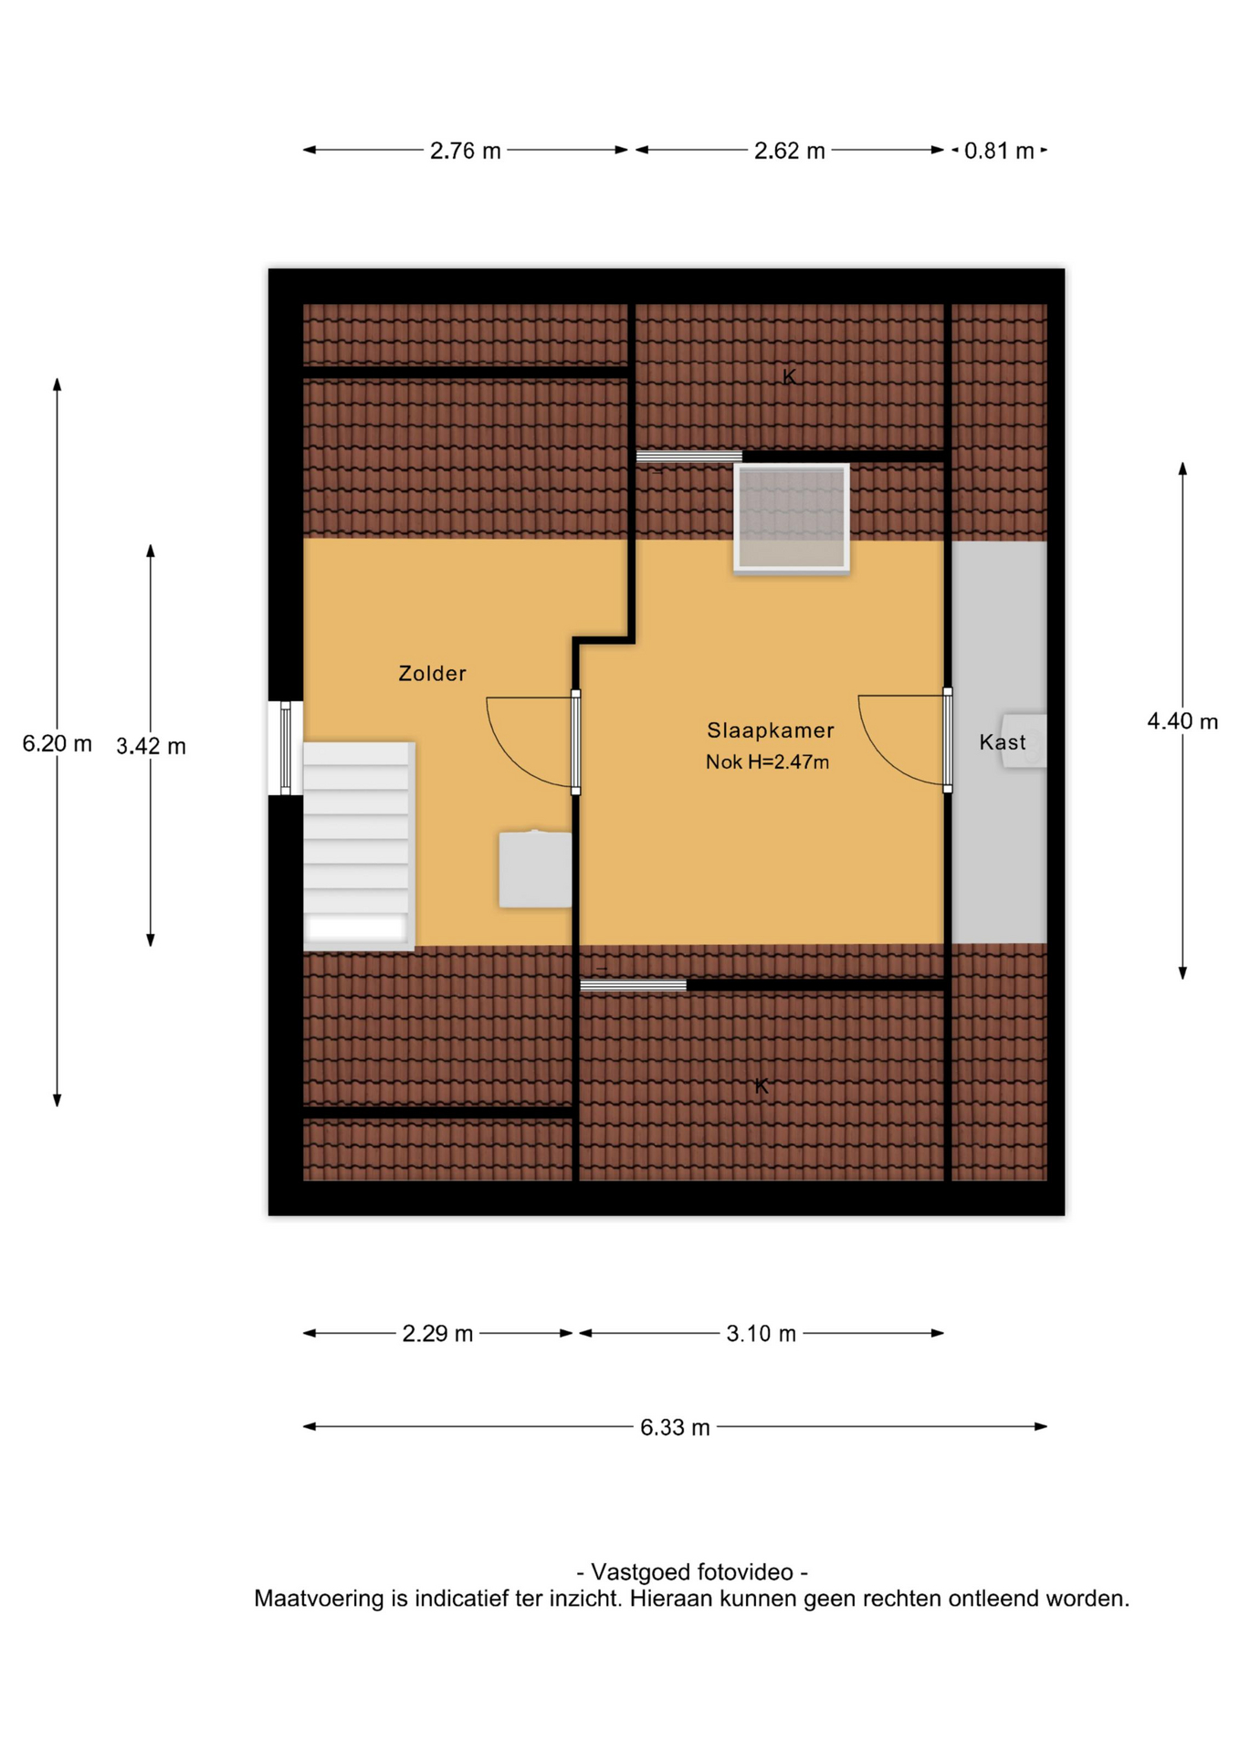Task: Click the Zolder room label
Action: (432, 674)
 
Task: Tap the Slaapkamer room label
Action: (770, 730)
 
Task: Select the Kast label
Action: (1002, 742)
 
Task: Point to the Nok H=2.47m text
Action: (767, 761)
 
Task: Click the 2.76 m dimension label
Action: (466, 151)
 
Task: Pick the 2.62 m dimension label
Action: (789, 151)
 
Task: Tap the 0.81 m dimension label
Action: (999, 151)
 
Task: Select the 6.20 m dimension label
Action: (57, 744)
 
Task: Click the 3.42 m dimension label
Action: (151, 747)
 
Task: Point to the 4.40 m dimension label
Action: (1182, 721)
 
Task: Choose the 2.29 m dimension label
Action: (437, 1334)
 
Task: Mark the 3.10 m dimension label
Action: (761, 1334)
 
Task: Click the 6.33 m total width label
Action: (675, 1427)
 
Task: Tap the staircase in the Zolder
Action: (358, 845)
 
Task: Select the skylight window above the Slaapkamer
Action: (792, 518)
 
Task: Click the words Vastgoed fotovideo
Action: (692, 1572)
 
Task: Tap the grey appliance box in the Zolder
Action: (535, 868)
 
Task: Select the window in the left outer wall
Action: (285, 748)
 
